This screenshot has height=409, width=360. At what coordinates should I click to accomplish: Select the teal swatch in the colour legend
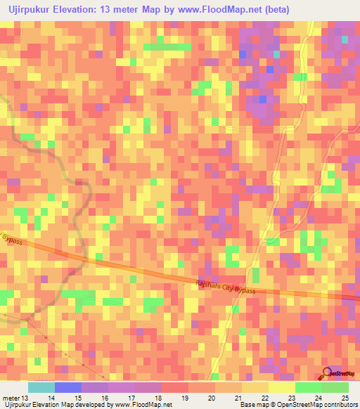[x=41, y=387]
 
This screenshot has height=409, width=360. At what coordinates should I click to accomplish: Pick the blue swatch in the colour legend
[x=67, y=387]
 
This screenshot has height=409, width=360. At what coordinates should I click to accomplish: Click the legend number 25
[x=345, y=398]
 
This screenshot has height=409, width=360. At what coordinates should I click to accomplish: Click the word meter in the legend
[x=11, y=398]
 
